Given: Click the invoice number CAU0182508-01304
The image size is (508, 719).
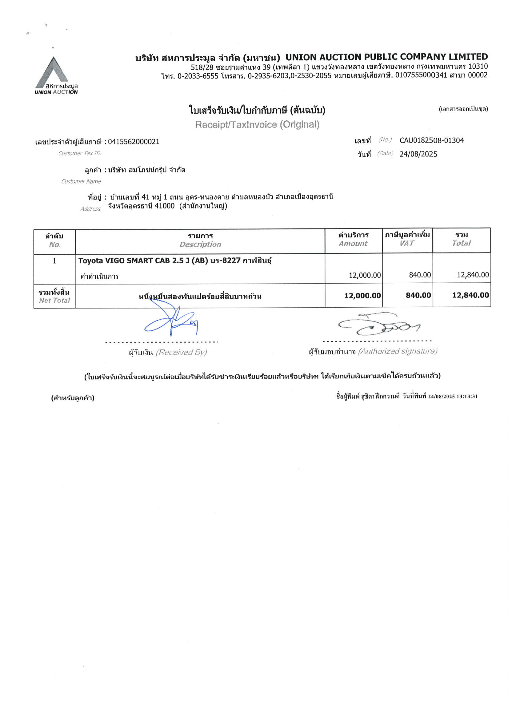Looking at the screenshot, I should [431, 140].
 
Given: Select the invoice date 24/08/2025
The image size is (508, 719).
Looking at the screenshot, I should [418, 154].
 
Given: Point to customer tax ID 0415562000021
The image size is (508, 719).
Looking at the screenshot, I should [134, 142].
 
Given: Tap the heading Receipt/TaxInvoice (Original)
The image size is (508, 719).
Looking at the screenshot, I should [257, 125].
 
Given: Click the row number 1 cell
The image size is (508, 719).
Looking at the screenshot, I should [54, 261].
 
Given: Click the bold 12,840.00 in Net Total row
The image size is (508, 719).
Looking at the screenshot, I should [470, 295].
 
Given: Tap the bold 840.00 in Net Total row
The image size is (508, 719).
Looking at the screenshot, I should [418, 295].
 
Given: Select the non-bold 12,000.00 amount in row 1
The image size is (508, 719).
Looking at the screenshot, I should [365, 275].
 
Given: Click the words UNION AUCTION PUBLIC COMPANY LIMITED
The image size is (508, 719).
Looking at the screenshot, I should [386, 57].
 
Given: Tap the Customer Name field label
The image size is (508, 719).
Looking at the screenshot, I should [81, 182].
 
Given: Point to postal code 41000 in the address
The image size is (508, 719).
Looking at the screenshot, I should [164, 206].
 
